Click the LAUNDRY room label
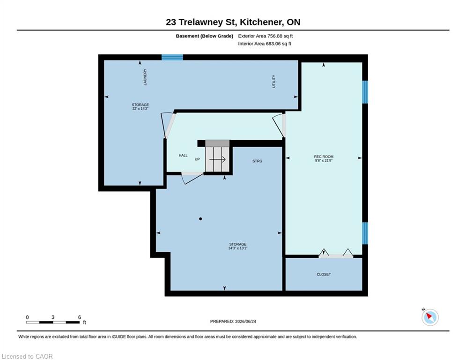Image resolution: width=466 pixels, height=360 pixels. pos(145,77)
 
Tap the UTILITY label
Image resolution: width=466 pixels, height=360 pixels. pos(274,81)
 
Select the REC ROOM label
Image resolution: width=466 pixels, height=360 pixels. pos(324,157)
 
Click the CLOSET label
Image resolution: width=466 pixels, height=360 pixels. pos(324,274)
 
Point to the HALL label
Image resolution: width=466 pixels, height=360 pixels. pos(183,155)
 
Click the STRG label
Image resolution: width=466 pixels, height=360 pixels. pos(258,161)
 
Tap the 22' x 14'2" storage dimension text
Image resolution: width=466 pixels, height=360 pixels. pos(141,109)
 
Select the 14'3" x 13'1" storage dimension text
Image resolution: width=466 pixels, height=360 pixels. pos(238,248)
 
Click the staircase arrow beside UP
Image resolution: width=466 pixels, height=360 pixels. pos(218,159)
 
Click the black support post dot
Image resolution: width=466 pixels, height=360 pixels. pos(200,219)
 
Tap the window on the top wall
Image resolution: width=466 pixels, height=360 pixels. pos(172,57)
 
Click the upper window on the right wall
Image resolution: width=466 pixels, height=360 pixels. pos(365,92)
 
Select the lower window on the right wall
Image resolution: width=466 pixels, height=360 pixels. pos(365,233)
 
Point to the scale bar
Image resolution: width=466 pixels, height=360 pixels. pos(53,322)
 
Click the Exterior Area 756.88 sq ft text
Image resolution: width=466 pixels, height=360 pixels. pos(266,36)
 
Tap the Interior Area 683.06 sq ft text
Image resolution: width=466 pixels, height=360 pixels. pos(265,44)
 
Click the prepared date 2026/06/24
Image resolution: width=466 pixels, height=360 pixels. pos(245,321)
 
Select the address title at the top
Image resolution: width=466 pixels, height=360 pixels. pos(233,22)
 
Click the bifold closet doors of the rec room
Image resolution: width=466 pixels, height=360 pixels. pos(336,254)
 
